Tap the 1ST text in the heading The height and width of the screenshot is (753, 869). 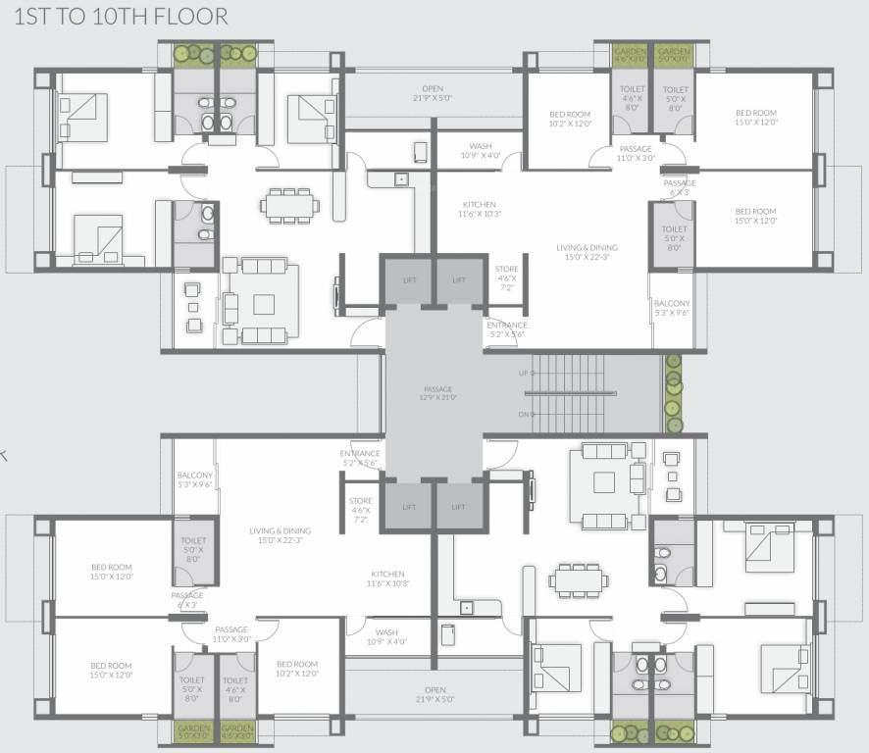[28, 17]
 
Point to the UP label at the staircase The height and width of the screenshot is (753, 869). [523, 374]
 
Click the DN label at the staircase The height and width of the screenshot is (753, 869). [523, 415]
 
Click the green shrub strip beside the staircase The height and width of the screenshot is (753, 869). [673, 394]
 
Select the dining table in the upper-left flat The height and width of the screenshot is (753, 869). [289, 205]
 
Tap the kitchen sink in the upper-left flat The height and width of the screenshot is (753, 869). [400, 179]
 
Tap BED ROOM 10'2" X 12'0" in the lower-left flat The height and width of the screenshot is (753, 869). [296, 669]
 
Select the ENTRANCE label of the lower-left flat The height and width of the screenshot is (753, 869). [360, 458]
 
